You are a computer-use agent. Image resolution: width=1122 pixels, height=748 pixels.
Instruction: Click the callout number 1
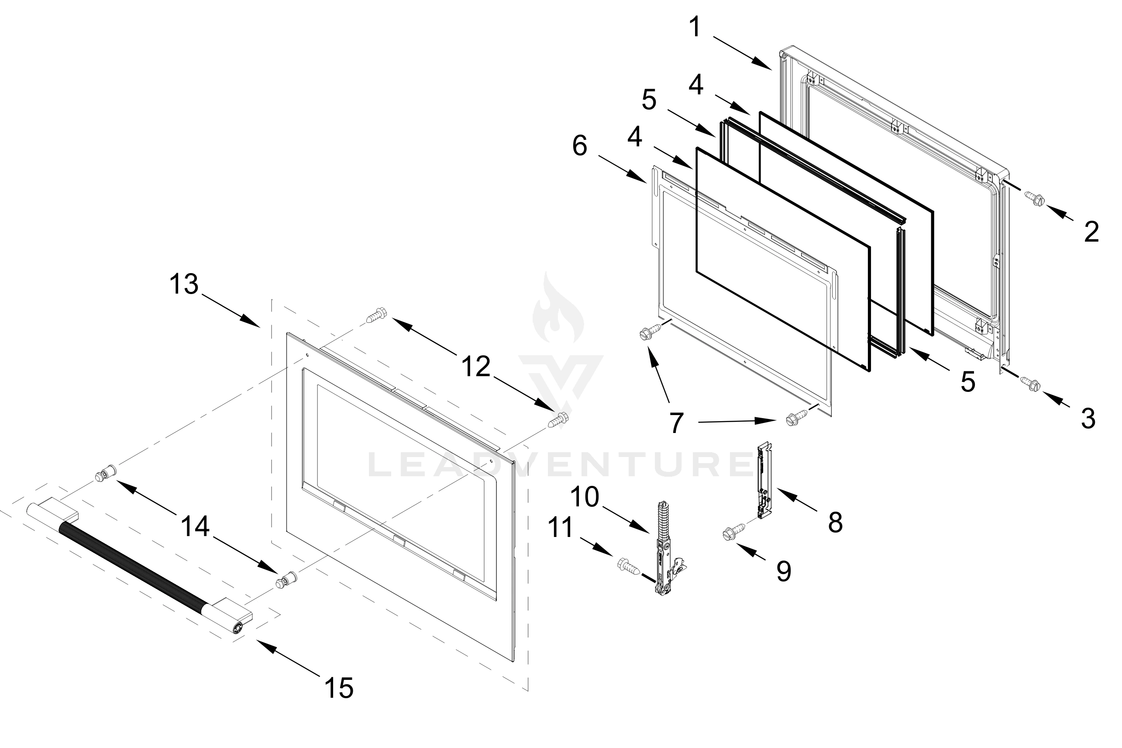coord(695,27)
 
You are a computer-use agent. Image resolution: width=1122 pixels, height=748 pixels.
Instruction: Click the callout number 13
coord(183,284)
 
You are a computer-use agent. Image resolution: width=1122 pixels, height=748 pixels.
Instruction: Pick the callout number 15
coord(339,688)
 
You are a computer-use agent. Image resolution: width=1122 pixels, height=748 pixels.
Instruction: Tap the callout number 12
coord(476,367)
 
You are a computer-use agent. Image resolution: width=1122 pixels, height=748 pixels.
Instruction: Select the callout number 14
coord(196,526)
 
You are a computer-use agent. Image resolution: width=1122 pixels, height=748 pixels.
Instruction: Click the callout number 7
coord(676,423)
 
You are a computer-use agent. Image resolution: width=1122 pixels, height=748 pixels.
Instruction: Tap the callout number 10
coord(584,497)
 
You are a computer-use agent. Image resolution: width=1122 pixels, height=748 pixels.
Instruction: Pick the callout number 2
coord(1091,232)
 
